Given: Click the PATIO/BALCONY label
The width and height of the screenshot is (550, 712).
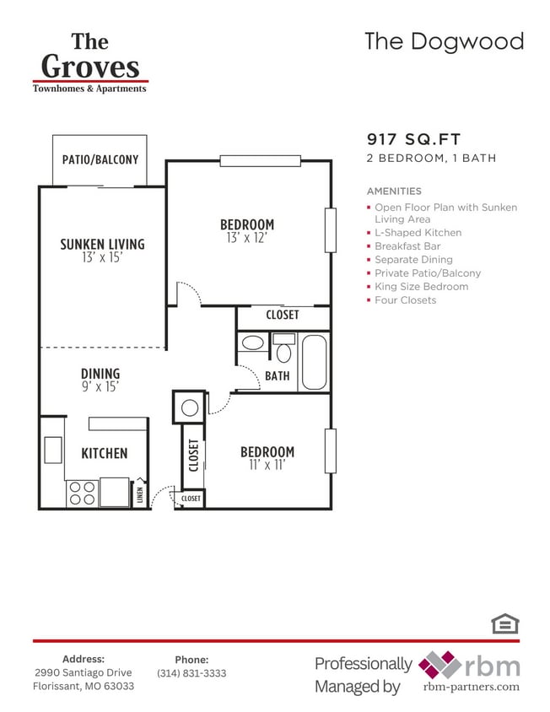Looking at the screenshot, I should pos(100,159).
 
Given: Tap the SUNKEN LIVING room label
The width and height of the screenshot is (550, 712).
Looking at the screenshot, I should pos(102,245).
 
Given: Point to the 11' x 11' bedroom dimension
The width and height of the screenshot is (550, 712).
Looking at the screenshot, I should pos(267,465).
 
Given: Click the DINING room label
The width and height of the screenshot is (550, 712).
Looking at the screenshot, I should pos(100,374).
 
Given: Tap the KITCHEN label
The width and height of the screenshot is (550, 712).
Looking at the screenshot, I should pos(104,454).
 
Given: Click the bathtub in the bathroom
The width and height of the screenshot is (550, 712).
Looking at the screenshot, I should pos(314,362).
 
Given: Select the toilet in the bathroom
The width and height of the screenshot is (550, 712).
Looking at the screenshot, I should pos(283,349).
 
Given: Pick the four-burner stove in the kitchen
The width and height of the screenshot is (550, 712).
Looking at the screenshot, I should pos(81,493).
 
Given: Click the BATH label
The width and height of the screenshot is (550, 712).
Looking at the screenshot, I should pos(277,376).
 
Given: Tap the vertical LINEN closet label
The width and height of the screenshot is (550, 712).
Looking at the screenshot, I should pos(140,493).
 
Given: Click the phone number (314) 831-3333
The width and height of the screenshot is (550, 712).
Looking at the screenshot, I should pos(191,673).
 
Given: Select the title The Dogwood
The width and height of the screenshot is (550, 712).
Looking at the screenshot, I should pos(444,41).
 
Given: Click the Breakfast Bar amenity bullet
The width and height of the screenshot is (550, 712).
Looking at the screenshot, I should pos(407,246).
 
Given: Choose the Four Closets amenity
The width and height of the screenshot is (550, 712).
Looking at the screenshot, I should pos(405,300).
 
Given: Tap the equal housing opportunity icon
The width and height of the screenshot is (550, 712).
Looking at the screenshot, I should pos(505,623).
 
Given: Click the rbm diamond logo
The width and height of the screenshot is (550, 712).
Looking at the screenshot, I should pos(439,665).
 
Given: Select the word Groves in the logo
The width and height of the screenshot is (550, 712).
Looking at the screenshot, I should pos(89,66).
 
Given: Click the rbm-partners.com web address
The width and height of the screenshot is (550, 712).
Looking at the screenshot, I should pos(471,688).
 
